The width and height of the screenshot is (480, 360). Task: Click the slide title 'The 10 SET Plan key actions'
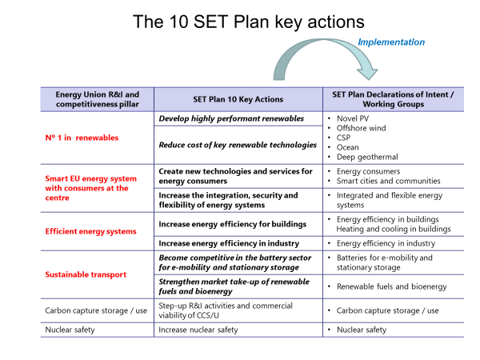[249, 22]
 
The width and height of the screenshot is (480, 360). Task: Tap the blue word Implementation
[391, 42]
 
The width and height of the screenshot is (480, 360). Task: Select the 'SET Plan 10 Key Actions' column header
[238, 99]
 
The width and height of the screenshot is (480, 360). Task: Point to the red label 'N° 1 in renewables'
[82, 138]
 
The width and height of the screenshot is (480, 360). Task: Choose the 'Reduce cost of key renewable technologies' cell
[238, 145]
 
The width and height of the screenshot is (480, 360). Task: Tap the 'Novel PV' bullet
[353, 118]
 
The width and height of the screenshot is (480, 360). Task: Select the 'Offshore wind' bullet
[362, 128]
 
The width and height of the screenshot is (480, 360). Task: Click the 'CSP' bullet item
[343, 138]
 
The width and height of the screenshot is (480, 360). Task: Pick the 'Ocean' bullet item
[347, 147]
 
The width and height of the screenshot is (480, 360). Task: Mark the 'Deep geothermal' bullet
[367, 157]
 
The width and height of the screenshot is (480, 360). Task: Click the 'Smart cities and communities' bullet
[389, 181]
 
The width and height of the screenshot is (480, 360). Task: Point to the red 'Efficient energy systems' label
[90, 231]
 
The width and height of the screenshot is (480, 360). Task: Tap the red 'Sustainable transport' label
[86, 274]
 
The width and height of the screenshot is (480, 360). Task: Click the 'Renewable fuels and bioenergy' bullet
[392, 286]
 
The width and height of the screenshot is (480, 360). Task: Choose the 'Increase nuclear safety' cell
[198, 330]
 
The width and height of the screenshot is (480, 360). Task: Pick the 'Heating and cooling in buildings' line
[394, 229]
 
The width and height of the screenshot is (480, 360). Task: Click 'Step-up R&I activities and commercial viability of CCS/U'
[226, 310]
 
